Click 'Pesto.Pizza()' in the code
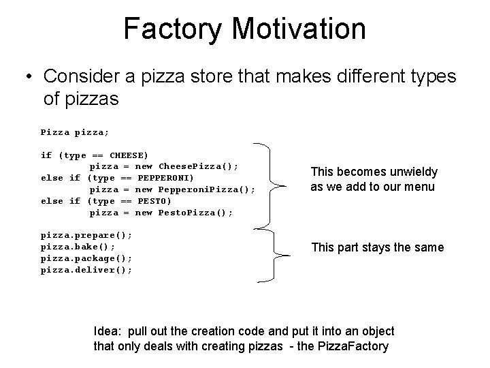click(195, 213)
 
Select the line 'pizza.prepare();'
click(86, 235)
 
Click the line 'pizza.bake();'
click(78, 247)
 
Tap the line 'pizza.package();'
click(86, 258)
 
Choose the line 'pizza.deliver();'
click(86, 270)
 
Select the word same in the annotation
click(429, 247)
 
